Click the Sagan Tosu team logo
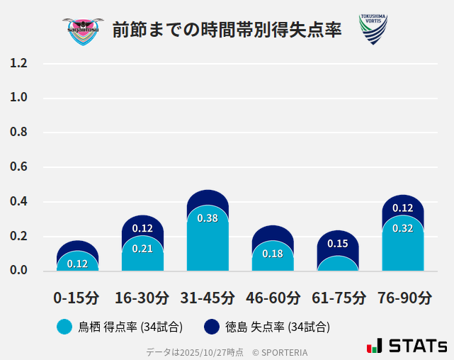82,30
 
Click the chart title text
227,30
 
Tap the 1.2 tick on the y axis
19,63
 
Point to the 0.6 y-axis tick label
19,167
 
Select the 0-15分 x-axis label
76,297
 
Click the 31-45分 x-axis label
207,297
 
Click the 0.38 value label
208,218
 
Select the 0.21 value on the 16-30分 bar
142,249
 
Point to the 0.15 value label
338,244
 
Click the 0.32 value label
403,228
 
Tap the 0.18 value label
273,254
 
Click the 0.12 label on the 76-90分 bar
403,208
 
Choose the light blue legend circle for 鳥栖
64,327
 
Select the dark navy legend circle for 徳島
211,327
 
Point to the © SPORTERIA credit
280,351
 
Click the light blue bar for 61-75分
338,264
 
